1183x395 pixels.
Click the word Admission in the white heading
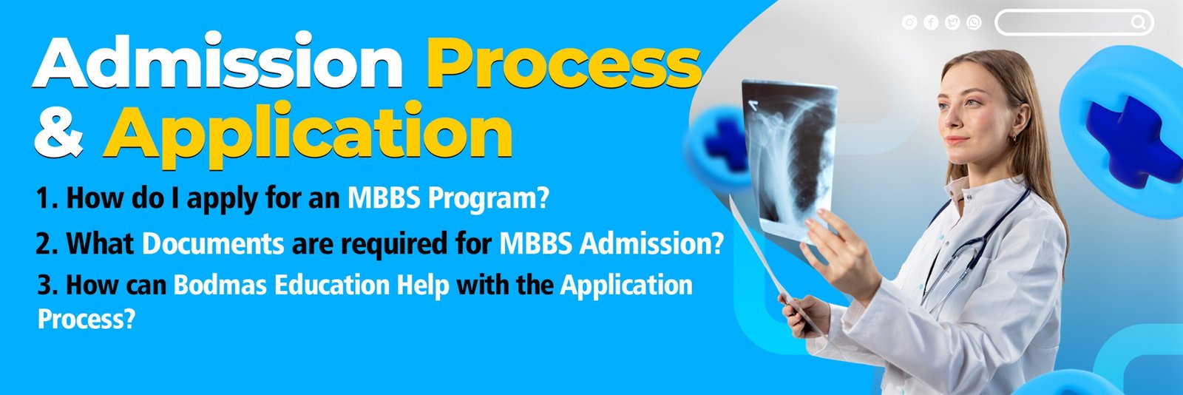pos(218,61)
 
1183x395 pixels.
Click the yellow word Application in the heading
pos(308,135)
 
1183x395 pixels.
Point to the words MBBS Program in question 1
pos(448,198)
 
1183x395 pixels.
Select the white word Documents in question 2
pos(214,244)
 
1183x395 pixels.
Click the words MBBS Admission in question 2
pos(611,244)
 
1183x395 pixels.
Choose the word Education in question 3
pos(332,286)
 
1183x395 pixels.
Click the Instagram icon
pos(909,22)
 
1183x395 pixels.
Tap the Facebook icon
pos(931,22)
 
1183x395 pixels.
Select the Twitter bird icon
pos(952,22)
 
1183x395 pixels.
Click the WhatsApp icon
pos(974,22)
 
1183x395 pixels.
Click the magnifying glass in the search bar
pos(1138,22)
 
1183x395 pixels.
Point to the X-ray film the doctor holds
pos(790,158)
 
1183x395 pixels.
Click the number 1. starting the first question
pos(47,199)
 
